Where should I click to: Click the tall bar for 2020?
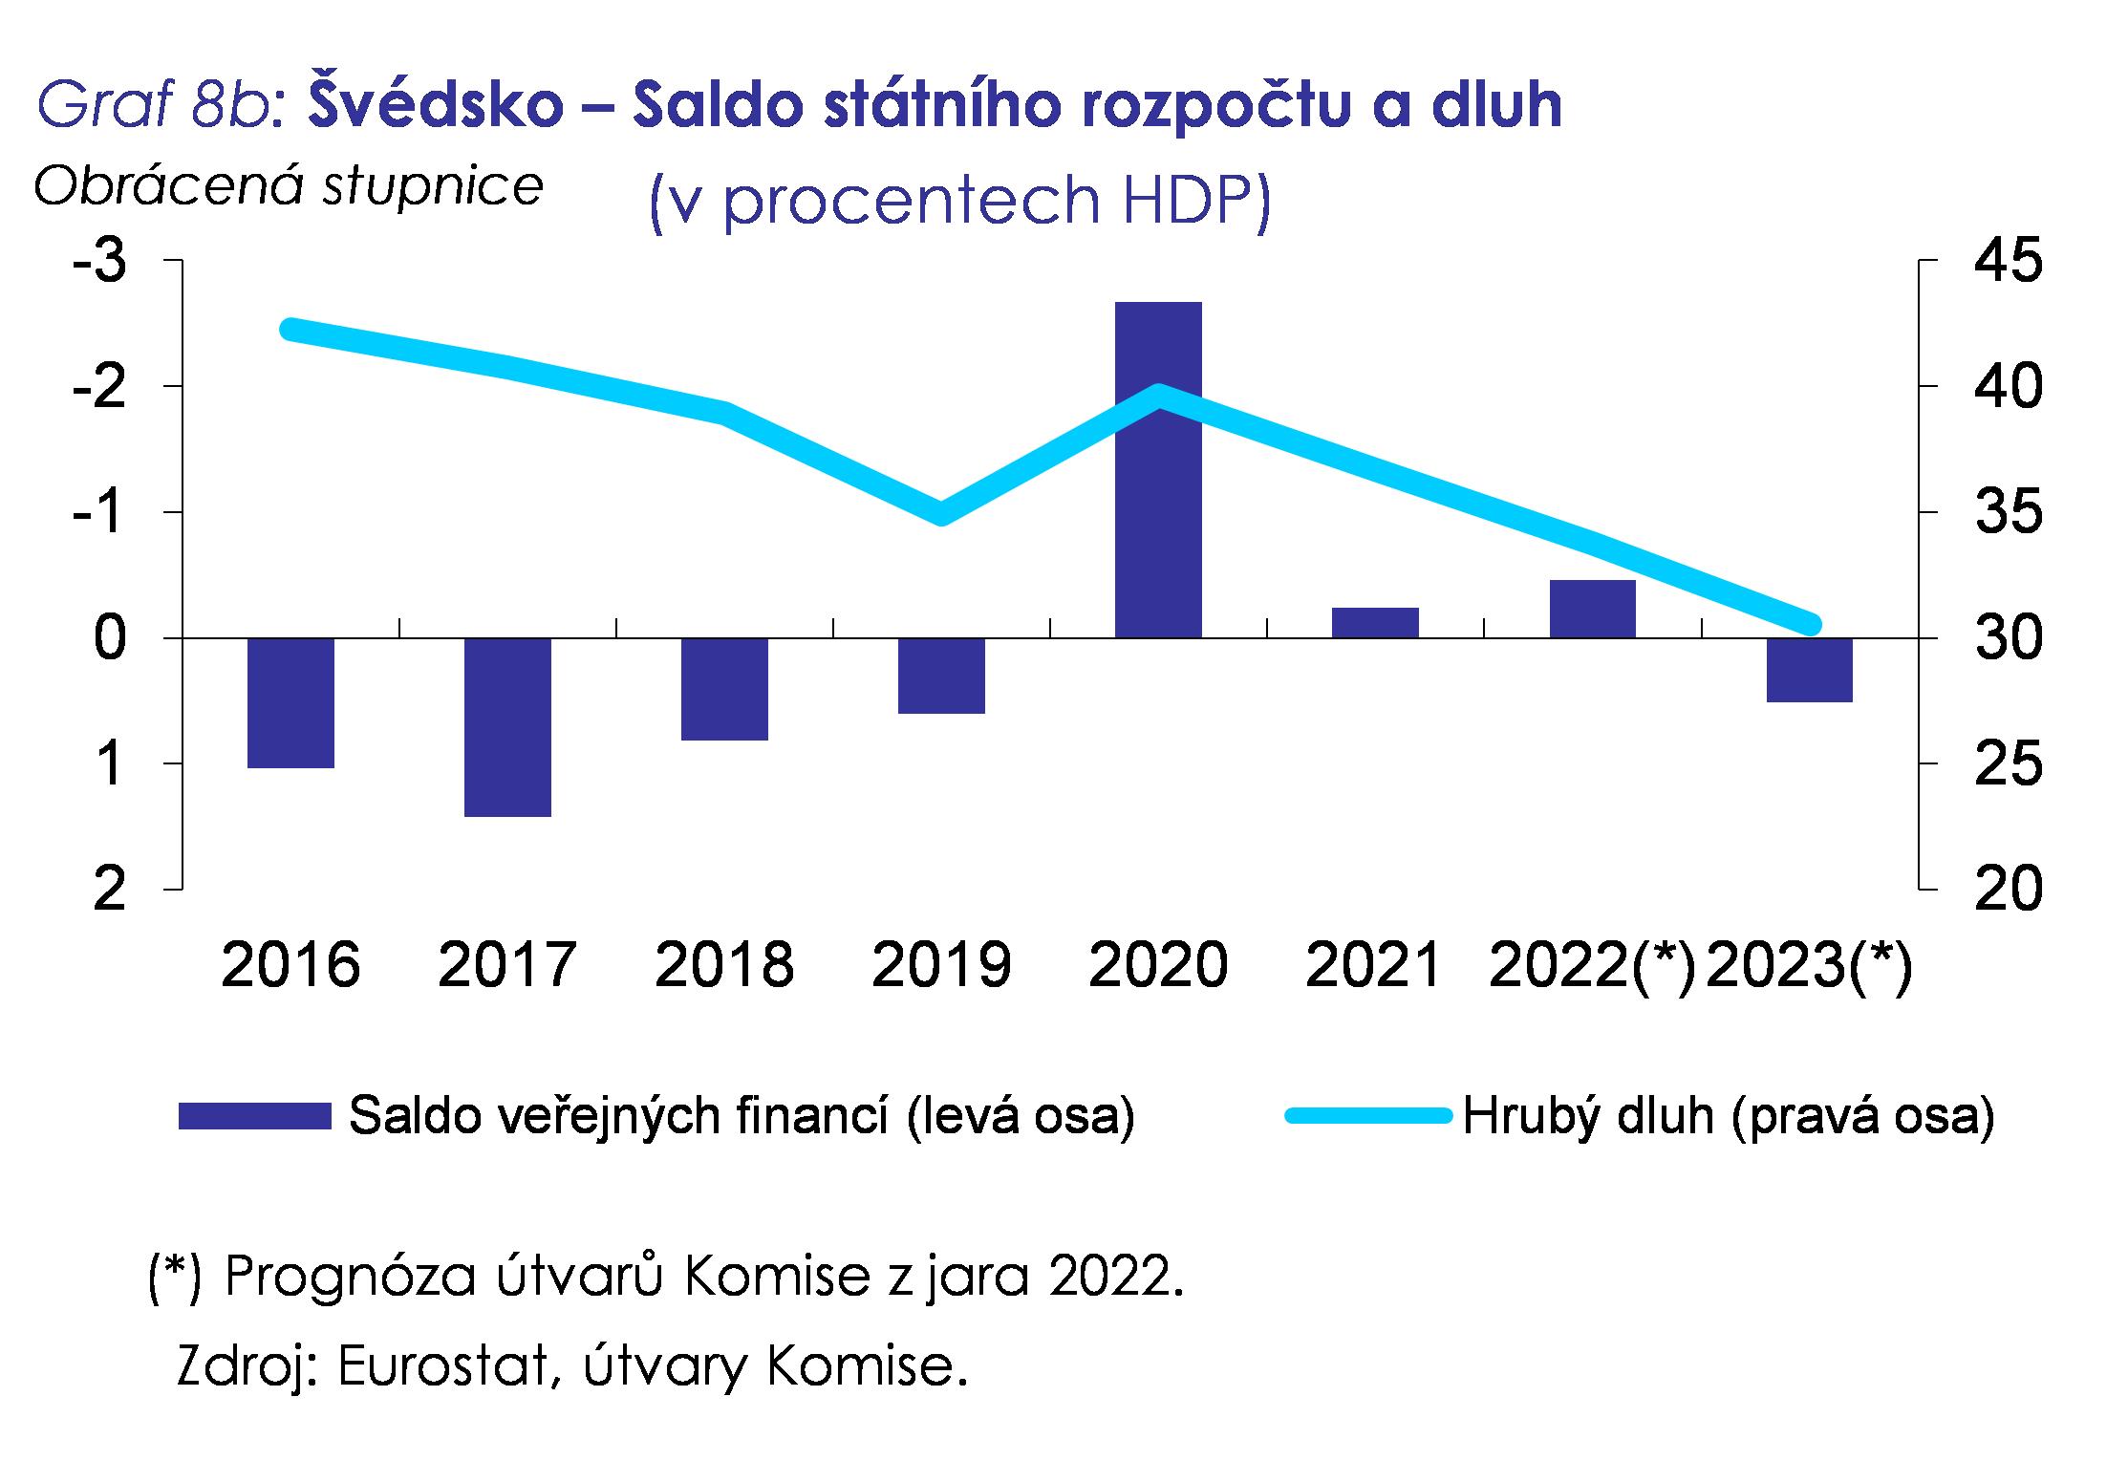(1158, 469)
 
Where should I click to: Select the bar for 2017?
(507, 726)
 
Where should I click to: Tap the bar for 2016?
(290, 702)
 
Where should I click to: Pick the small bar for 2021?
(1375, 622)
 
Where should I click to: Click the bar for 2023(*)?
(1809, 669)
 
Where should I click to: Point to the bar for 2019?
(941, 675)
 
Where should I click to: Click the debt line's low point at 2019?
(941, 513)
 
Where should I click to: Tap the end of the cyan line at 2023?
(1809, 625)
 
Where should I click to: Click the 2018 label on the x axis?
(724, 965)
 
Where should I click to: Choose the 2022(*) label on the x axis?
(1592, 965)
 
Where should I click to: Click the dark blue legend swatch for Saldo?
(254, 1116)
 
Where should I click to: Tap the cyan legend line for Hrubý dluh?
(1366, 1116)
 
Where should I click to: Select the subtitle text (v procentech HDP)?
(959, 199)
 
